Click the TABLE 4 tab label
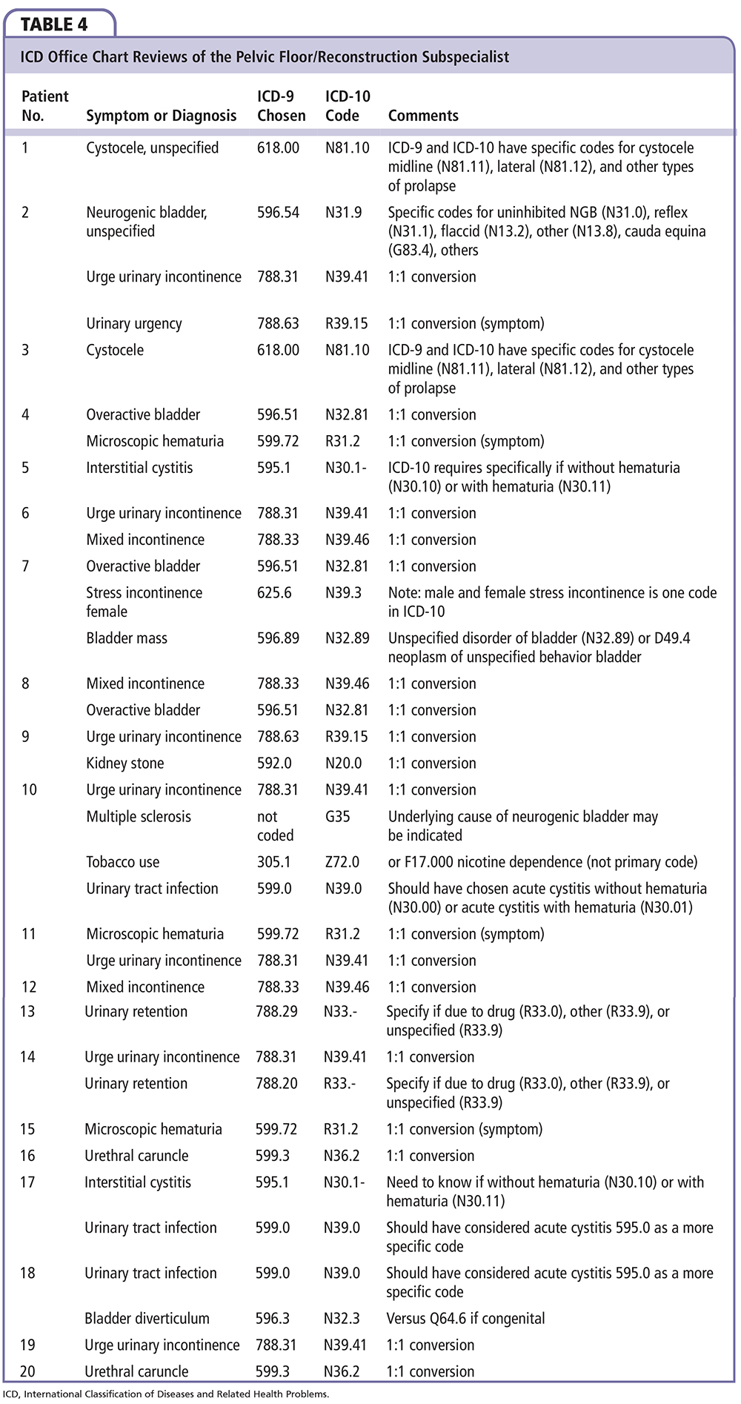tap(54, 24)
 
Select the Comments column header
tap(423, 116)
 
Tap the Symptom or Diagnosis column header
tap(161, 116)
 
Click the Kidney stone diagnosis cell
tap(124, 764)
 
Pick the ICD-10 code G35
tap(337, 817)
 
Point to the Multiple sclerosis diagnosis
tap(138, 817)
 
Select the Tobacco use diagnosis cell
tap(122, 862)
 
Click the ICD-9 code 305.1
tap(273, 862)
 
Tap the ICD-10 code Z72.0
tap(342, 862)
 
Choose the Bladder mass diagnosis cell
tap(126, 638)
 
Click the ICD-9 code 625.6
tap(274, 593)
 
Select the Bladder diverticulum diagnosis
tap(147, 1319)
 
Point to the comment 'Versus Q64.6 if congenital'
tap(465, 1319)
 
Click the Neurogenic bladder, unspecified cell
tap(146, 222)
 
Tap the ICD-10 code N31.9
tap(343, 213)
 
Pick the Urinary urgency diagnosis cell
tap(133, 324)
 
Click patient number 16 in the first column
tap(27, 1156)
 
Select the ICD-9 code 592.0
tap(274, 764)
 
